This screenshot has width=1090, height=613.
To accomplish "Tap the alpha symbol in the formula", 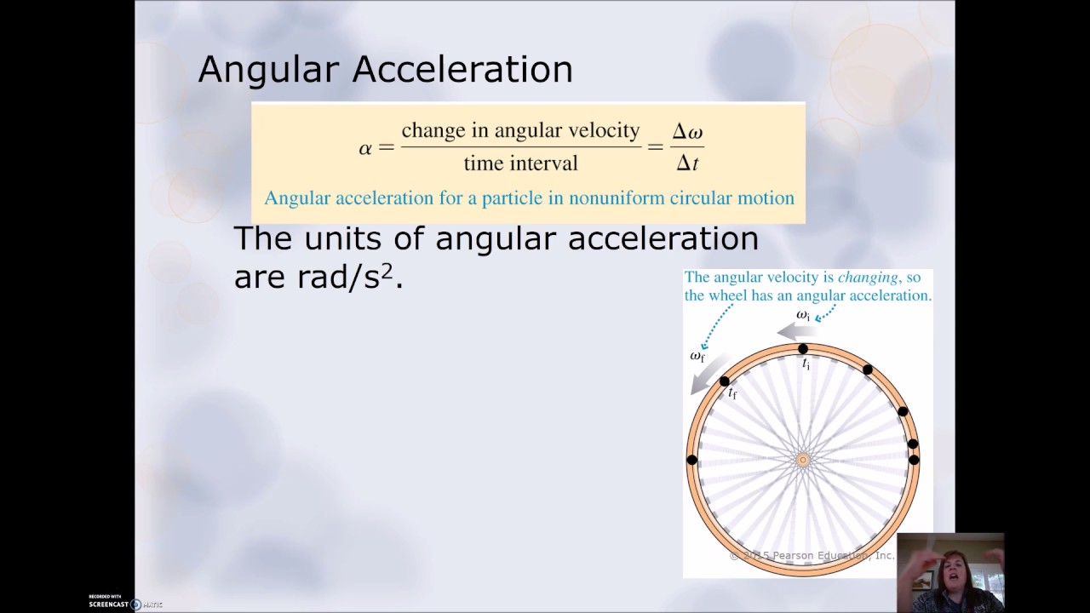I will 365,148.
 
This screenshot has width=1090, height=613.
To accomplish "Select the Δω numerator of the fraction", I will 687,132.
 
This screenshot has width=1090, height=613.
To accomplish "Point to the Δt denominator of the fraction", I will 687,163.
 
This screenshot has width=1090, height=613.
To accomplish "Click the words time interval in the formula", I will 520,163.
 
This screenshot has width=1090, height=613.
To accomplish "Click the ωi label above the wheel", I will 803,315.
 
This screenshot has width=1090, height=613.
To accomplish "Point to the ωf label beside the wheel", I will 697,356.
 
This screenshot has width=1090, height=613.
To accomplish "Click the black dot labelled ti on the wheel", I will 802,349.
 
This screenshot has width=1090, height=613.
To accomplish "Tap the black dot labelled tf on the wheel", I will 725,381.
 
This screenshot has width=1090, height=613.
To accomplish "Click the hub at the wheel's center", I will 802,460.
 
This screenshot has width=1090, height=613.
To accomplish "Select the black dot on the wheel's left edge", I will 691,460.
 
